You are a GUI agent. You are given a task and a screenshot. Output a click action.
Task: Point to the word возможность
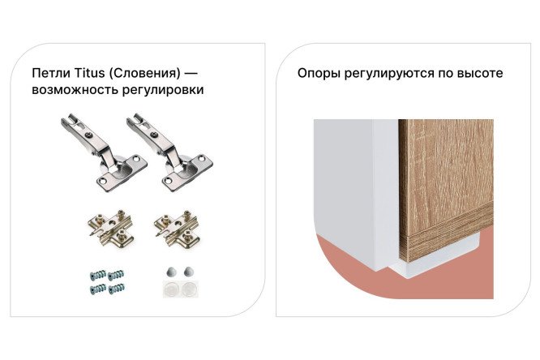[x=70, y=90]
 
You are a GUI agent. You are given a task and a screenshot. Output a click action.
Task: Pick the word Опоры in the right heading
[x=318, y=73]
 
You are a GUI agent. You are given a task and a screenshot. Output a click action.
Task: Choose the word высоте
[x=478, y=73]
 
